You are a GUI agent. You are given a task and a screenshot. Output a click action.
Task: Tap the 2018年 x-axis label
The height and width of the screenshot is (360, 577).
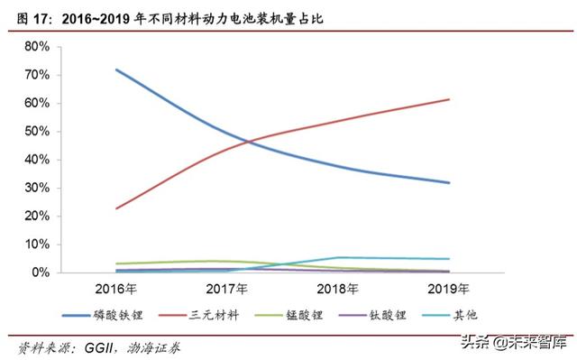[x=339, y=290]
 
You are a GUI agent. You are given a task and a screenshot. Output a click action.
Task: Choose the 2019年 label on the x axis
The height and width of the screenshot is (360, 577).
[x=449, y=290]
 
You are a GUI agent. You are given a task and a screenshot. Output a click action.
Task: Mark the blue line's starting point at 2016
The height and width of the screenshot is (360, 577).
[x=117, y=69]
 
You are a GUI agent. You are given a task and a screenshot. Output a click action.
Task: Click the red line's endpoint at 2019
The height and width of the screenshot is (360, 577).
[x=449, y=99]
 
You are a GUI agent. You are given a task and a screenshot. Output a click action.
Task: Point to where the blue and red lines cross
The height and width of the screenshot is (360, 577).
[x=248, y=142]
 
